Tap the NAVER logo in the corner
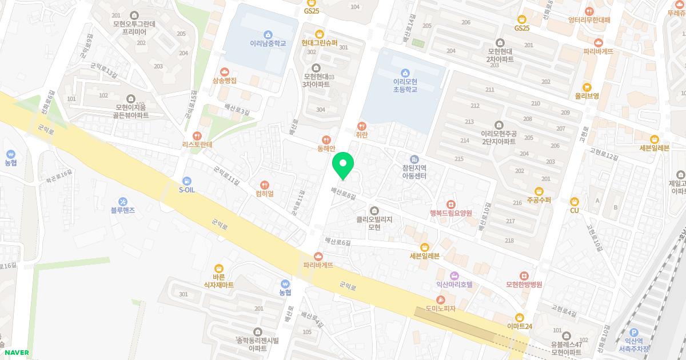pyautogui.click(x=17, y=353)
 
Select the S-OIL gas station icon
pyautogui.click(x=187, y=181)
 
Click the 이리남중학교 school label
pyautogui.click(x=268, y=43)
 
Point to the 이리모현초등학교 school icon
pyautogui.click(x=405, y=73)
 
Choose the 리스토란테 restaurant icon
pyautogui.click(x=197, y=136)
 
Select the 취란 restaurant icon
pyautogui.click(x=361, y=126)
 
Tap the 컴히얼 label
pyautogui.click(x=264, y=194)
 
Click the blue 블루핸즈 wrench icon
pyautogui.click(x=123, y=201)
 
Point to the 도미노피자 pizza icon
pyautogui.click(x=440, y=300)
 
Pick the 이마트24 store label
pyautogui.click(x=519, y=326)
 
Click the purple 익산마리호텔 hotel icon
pyautogui.click(x=454, y=275)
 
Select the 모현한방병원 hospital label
pyautogui.click(x=524, y=284)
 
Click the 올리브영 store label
pyautogui.click(x=587, y=96)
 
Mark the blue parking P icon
pyautogui.click(x=633, y=333)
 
